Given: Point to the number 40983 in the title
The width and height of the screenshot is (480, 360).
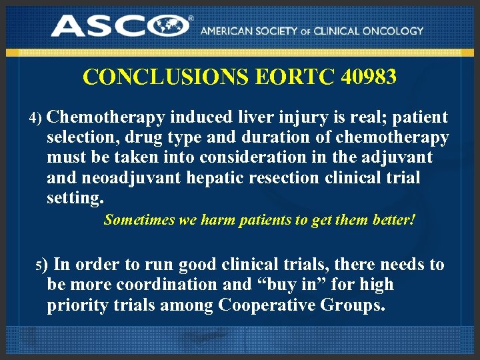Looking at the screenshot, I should click(369, 77).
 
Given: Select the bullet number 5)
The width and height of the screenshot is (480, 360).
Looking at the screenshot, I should click(42, 266).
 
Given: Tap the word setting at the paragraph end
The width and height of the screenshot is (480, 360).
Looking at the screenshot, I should click(75, 198).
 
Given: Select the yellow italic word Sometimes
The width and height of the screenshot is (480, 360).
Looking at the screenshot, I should click(140, 219).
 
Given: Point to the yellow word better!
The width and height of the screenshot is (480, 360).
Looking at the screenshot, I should click(393, 219).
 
